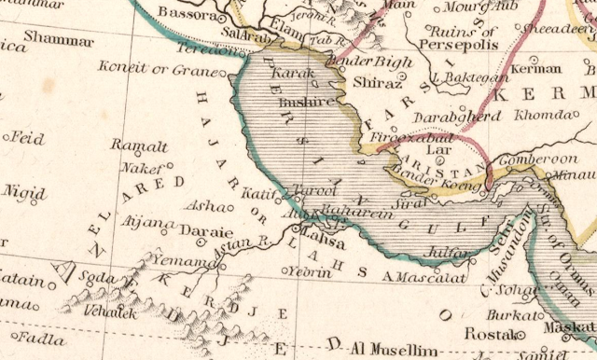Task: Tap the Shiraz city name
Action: coord(375,84)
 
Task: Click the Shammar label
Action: coord(59,40)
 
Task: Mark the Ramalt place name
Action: coord(139,145)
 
